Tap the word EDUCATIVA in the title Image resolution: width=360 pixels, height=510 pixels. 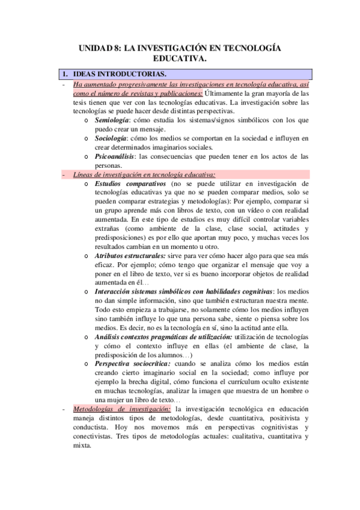point(178,59)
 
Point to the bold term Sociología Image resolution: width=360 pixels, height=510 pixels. point(111,139)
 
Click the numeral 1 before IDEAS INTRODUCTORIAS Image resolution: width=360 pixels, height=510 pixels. point(64,74)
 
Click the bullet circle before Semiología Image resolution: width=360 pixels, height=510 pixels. point(88,121)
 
